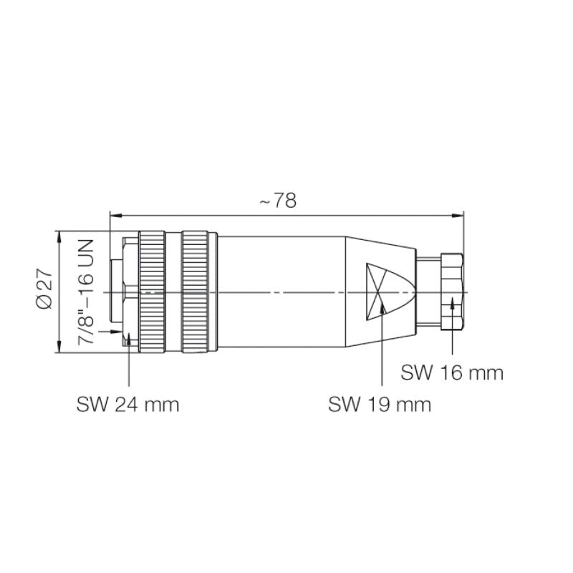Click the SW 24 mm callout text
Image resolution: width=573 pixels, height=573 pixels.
(127, 405)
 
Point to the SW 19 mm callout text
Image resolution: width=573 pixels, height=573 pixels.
(380, 405)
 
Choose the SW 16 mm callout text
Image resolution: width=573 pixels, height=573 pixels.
(452, 372)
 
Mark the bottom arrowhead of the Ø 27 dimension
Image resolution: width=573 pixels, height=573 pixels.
(58, 349)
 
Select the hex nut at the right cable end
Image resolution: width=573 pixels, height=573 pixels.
(452, 292)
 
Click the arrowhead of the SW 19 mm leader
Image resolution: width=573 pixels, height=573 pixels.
(382, 308)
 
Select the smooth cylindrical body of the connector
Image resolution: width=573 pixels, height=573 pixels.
(279, 292)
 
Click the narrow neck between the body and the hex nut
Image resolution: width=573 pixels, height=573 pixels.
(428, 292)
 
